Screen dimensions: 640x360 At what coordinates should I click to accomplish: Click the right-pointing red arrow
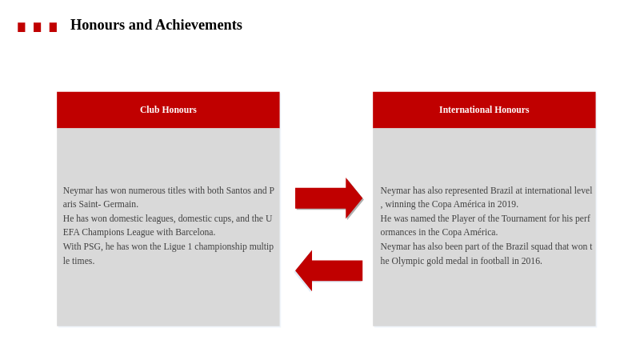[x=329, y=198]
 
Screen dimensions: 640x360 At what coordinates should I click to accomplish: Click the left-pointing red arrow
[x=329, y=270]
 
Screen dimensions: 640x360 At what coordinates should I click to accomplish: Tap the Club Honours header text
[x=168, y=110]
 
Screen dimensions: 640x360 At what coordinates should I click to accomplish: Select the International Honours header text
[x=484, y=110]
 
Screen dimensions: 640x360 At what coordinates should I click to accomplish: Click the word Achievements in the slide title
[x=198, y=25]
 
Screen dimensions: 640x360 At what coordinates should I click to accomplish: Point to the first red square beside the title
[x=22, y=27]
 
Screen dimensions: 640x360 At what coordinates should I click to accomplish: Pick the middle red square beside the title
[x=37, y=27]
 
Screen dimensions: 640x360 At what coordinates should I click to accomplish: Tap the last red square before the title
[x=53, y=27]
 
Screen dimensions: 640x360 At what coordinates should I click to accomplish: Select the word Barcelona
[x=195, y=232]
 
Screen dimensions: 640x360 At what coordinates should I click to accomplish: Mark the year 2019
[x=507, y=204]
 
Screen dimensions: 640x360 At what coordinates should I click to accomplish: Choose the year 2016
[x=531, y=261]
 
